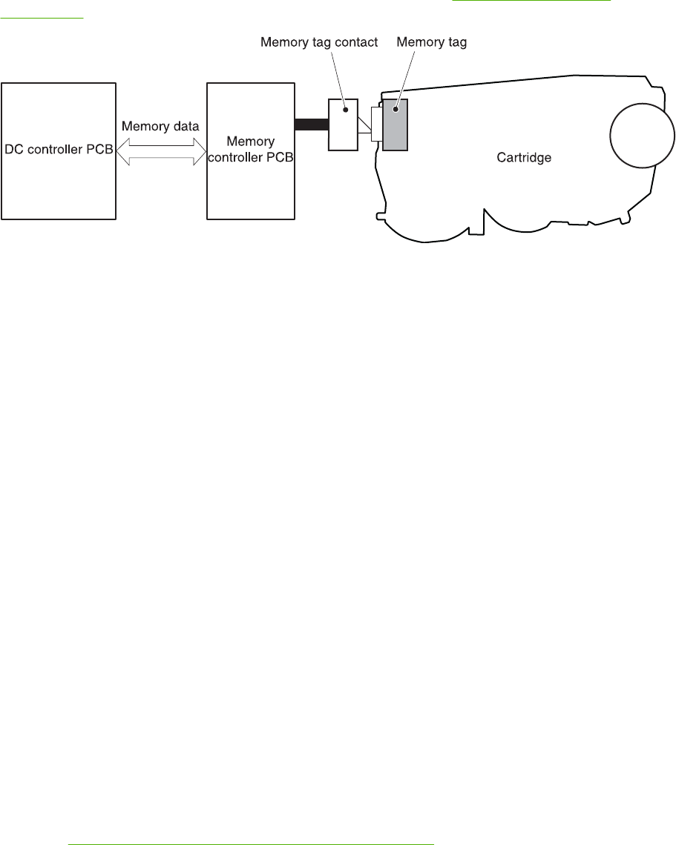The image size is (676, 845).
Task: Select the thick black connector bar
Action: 311,125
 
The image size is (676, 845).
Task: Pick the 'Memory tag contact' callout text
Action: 319,43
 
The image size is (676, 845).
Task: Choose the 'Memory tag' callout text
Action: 431,43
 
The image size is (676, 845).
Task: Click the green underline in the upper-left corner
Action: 42,19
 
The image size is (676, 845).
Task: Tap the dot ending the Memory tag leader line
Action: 395,109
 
